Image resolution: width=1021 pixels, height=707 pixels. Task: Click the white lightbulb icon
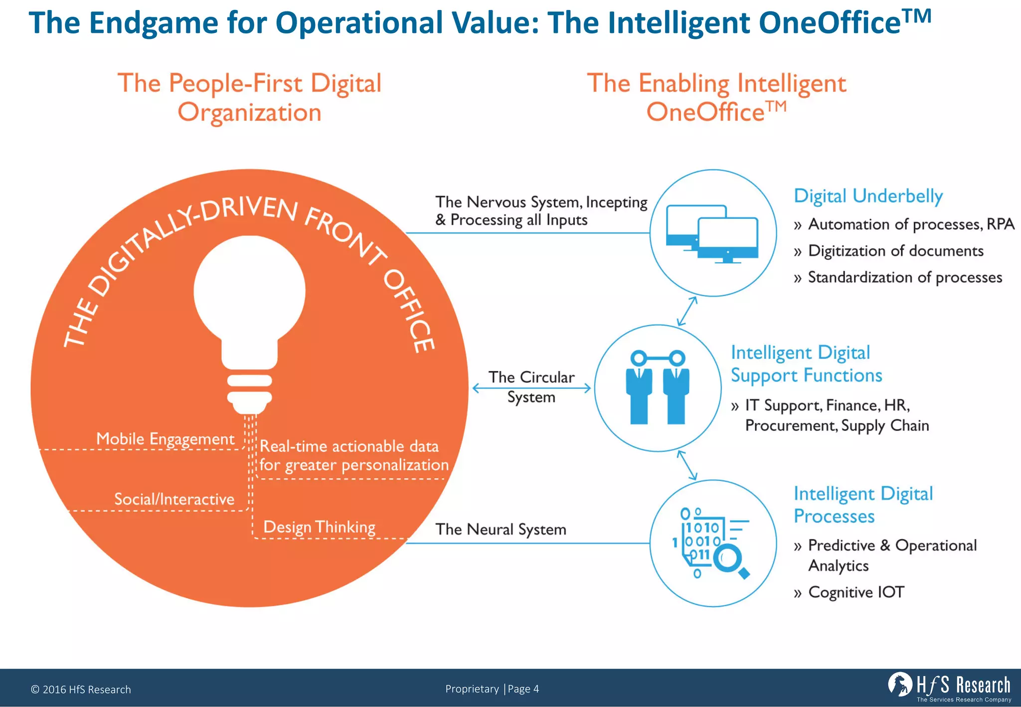pos(249,319)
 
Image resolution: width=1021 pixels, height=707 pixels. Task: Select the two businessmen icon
pos(658,387)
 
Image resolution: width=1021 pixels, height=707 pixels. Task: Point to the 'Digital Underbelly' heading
pos(868,196)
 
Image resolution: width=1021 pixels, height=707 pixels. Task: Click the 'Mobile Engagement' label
pos(165,439)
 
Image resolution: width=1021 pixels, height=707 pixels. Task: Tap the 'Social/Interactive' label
pos(174,499)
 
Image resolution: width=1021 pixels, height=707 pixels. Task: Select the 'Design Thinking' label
pos(319,527)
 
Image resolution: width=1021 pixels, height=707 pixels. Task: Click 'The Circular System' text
pos(531,387)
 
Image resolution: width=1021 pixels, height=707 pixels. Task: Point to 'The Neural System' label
pos(501,529)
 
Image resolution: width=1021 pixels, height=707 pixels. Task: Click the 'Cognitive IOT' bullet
pos(855,592)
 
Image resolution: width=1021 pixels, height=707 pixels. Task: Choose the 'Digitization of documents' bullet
pos(895,251)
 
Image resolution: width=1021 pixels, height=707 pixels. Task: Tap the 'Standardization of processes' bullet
pos(904,277)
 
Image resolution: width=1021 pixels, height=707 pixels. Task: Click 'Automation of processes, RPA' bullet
pos(911,224)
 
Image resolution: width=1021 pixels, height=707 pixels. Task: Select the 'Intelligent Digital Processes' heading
pos(863,505)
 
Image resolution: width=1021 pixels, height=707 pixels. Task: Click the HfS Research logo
pos(950,686)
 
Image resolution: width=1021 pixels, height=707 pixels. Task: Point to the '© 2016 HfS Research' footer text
pos(81,690)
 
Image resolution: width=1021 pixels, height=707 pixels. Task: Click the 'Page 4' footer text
pos(523,689)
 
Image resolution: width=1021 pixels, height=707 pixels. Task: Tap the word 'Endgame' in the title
pos(154,23)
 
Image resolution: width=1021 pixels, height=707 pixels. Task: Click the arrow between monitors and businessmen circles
pos(687,311)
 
